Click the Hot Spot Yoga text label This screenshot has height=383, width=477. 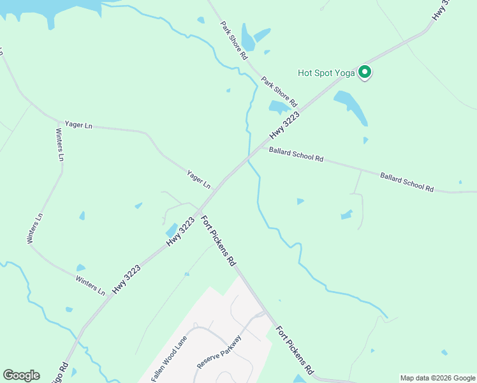tap(326, 73)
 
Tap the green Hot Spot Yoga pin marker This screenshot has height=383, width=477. tap(365, 72)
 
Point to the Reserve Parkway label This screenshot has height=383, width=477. tap(219, 352)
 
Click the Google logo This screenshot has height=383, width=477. tap(21, 375)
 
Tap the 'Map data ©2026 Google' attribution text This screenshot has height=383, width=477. tap(438, 378)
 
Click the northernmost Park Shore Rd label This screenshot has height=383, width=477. tap(234, 40)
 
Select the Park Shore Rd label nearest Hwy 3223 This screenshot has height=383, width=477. tap(279, 91)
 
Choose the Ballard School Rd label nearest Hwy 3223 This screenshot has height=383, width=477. tap(296, 154)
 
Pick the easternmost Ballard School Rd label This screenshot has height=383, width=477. tap(407, 182)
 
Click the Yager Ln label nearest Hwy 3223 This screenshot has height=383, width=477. tap(198, 179)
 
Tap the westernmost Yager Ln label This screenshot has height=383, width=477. tap(78, 125)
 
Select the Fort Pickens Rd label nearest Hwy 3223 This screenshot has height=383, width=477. tap(219, 241)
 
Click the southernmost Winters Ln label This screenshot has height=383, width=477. tap(90, 285)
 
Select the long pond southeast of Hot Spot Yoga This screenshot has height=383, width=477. tap(351, 107)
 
